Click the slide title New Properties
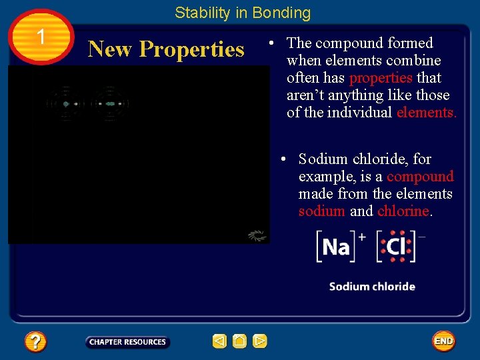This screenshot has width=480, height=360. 166,49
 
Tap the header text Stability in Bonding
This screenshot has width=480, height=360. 243,13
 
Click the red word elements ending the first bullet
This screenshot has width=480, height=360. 426,113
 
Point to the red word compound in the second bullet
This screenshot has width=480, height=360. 420,177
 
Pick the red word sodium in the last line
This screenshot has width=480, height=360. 322,211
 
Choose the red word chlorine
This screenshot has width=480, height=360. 403,211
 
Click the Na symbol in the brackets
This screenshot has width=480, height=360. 336,247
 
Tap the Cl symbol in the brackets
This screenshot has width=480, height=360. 396,247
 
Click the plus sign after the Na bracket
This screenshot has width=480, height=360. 362,237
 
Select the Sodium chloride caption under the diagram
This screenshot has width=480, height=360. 372,287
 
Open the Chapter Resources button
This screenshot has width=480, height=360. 127,342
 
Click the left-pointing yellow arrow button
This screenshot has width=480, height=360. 219,341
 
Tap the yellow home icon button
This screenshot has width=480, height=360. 239,341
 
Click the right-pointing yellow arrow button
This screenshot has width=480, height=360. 260,341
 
